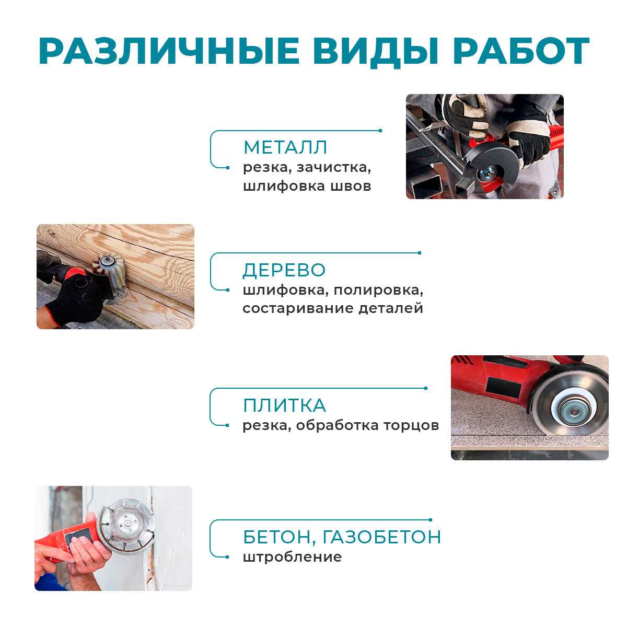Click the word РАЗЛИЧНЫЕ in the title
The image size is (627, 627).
click(169, 51)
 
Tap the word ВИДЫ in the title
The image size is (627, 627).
click(376, 52)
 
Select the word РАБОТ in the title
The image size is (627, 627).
click(521, 51)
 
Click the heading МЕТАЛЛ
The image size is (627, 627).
click(285, 147)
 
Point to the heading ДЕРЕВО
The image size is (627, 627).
click(284, 270)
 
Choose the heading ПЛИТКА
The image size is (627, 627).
click(284, 405)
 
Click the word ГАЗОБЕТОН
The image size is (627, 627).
click(381, 537)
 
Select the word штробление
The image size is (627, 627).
click(292, 557)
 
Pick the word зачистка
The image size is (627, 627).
click(333, 168)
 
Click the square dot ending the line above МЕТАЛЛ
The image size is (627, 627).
click(380, 131)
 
